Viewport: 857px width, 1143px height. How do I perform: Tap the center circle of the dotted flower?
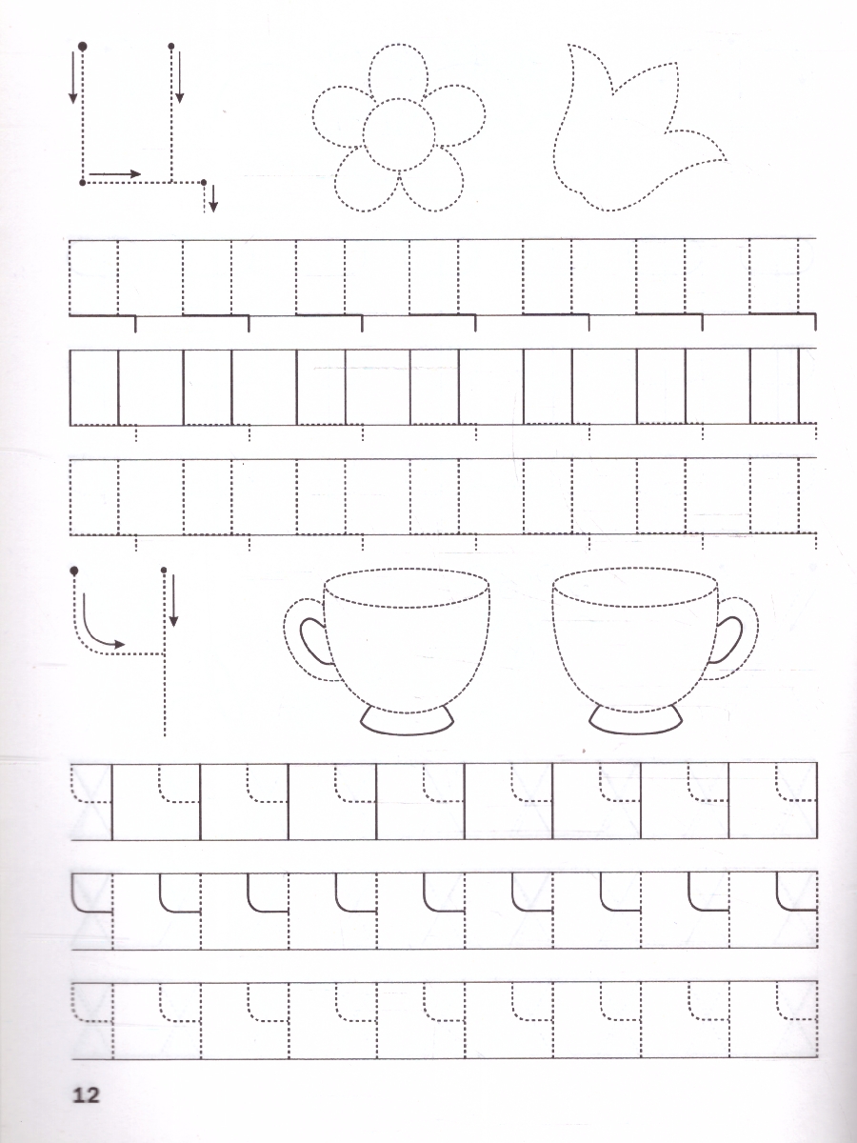point(399,135)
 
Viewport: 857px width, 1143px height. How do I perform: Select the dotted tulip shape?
point(638,128)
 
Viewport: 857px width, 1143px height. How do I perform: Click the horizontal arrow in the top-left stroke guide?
point(115,174)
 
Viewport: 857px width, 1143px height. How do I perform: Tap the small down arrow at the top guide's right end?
point(212,200)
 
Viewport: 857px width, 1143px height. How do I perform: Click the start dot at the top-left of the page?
point(82,47)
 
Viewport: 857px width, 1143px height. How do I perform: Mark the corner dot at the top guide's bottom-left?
point(82,182)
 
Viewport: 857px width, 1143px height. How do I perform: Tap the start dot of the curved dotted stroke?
point(74,571)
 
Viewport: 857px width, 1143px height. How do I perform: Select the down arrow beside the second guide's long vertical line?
point(174,600)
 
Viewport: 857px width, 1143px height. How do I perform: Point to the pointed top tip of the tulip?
point(569,45)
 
